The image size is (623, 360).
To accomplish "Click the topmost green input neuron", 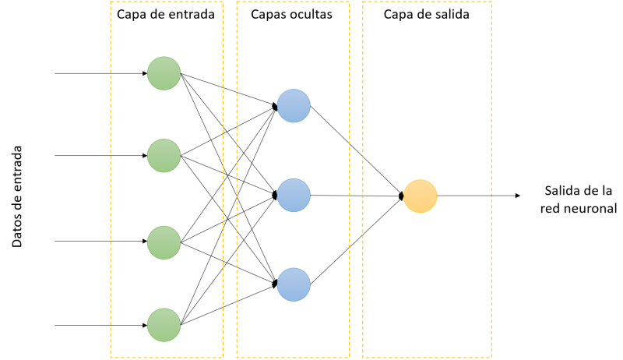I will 164,73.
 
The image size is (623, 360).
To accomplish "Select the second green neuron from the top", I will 164,155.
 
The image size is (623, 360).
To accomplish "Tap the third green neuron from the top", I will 164,242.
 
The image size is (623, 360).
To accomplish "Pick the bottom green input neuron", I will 164,324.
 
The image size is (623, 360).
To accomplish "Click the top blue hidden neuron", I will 294,105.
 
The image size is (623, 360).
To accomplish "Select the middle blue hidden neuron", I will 294,194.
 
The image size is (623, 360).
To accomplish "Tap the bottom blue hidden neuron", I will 294,284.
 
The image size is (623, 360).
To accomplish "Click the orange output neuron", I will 420,196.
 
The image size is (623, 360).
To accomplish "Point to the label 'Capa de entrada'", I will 165,15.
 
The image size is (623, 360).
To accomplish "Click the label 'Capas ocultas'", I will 292,15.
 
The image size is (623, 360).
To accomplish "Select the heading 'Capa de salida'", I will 426,15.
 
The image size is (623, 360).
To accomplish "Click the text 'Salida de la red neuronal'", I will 580,199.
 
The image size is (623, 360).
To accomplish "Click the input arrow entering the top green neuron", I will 101,74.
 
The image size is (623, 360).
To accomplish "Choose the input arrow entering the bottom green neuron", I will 101,324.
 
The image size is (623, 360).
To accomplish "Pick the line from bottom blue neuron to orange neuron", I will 355,239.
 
